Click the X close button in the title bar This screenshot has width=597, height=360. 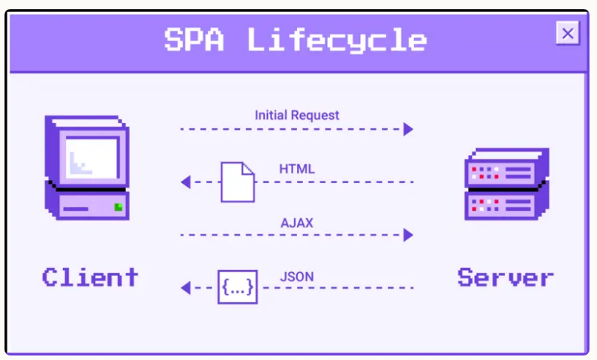pyautogui.click(x=568, y=33)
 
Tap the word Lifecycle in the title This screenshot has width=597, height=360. pyautogui.click(x=337, y=40)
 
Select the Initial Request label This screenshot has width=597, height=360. pyautogui.click(x=297, y=115)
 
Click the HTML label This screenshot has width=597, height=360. pyautogui.click(x=297, y=169)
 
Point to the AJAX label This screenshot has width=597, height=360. pyautogui.click(x=297, y=223)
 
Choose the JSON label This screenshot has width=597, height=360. pyautogui.click(x=297, y=277)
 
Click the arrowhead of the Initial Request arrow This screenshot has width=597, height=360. pyautogui.click(x=409, y=129)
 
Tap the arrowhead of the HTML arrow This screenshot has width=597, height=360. pyautogui.click(x=185, y=182)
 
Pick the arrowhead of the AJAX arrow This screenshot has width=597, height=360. pyautogui.click(x=409, y=235)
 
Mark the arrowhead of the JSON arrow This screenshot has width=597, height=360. pyautogui.click(x=185, y=288)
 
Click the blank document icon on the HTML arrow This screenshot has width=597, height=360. pyautogui.click(x=237, y=182)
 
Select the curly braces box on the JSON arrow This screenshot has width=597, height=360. pyautogui.click(x=237, y=287)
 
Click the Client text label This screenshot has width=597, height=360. pyautogui.click(x=90, y=277)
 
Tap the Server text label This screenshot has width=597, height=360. pyautogui.click(x=505, y=277)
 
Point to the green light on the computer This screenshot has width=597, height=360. pyautogui.click(x=118, y=206)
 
